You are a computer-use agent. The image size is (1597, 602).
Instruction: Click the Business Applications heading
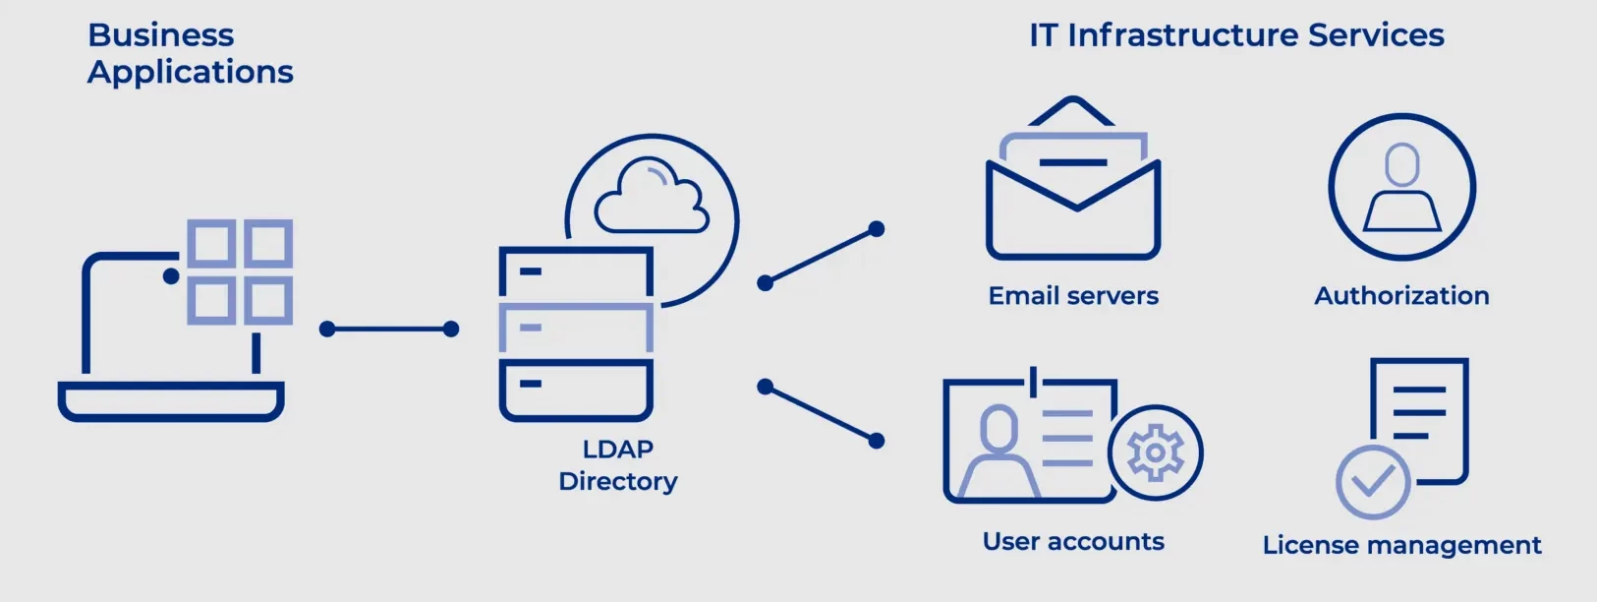pos(191,53)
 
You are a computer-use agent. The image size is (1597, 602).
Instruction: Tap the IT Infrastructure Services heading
pos(1236,35)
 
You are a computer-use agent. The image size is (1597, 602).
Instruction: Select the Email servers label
pos(1073,295)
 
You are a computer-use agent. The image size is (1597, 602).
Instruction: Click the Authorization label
pos(1401,295)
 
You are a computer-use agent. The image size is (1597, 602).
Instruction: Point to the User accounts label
pos(1073,541)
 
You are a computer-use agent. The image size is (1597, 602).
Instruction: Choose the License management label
pos(1401,545)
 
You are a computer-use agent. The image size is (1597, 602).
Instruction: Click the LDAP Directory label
pos(618,465)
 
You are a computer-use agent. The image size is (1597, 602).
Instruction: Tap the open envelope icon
pos(1073,178)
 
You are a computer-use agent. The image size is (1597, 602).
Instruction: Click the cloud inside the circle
pos(652,196)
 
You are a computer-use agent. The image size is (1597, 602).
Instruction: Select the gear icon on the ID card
pos(1156,452)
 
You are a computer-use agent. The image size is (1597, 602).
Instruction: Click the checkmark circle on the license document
pos(1372,482)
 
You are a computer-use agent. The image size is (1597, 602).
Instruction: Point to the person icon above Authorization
pos(1401,188)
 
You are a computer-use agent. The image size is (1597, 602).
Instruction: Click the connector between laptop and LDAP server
pos(389,329)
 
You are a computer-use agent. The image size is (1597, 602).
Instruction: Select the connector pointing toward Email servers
pos(821,256)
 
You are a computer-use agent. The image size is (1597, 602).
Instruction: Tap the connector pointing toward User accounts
pos(821,414)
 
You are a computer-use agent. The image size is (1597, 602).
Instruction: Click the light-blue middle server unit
pos(576,328)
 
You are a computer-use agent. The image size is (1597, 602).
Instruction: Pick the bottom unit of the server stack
pos(576,391)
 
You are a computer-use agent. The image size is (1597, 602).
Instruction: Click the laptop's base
pos(171,401)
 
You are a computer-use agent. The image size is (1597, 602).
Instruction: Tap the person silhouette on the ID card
pos(998,451)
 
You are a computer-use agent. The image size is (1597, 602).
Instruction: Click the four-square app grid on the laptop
pos(240,271)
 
